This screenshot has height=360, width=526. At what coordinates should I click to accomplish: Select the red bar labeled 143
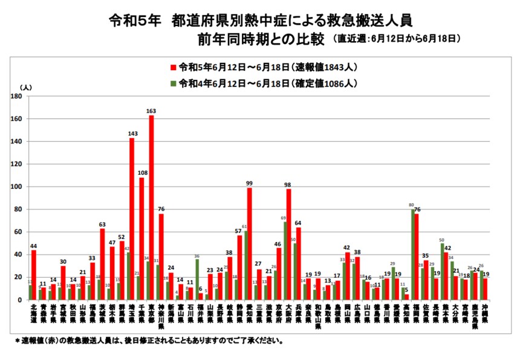(132, 218)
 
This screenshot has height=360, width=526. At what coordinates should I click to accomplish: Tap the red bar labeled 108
(141, 238)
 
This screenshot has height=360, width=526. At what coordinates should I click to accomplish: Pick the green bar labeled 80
(413, 254)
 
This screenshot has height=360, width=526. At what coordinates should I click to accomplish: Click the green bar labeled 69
(285, 260)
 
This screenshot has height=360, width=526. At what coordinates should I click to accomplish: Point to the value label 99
(249, 183)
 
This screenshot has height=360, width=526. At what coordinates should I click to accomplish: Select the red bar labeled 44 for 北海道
(34, 275)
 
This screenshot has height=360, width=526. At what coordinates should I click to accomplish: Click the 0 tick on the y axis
(20, 300)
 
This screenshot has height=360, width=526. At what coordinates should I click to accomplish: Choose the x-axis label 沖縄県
(485, 316)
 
